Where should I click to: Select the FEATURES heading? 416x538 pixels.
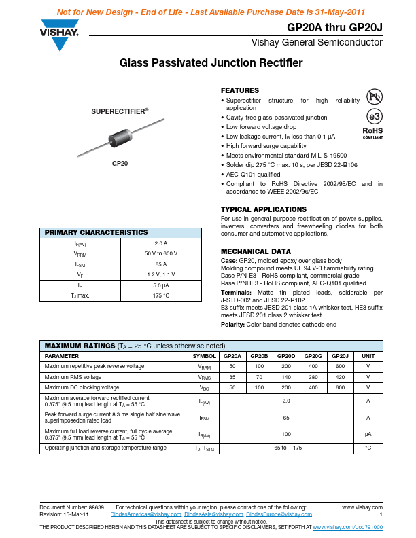[240, 90]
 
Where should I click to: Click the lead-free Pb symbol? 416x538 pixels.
[375, 96]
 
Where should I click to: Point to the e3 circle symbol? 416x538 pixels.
[375, 115]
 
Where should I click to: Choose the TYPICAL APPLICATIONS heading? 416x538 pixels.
[264, 209]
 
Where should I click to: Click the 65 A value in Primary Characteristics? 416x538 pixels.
[160, 264]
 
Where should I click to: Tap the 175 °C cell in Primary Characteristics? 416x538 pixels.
[160, 295]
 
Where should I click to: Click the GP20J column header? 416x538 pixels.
[338, 356]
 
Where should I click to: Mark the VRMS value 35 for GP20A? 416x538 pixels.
[232, 377]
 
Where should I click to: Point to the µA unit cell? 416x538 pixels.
[368, 433]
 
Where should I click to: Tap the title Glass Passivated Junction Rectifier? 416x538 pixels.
[211, 63]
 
